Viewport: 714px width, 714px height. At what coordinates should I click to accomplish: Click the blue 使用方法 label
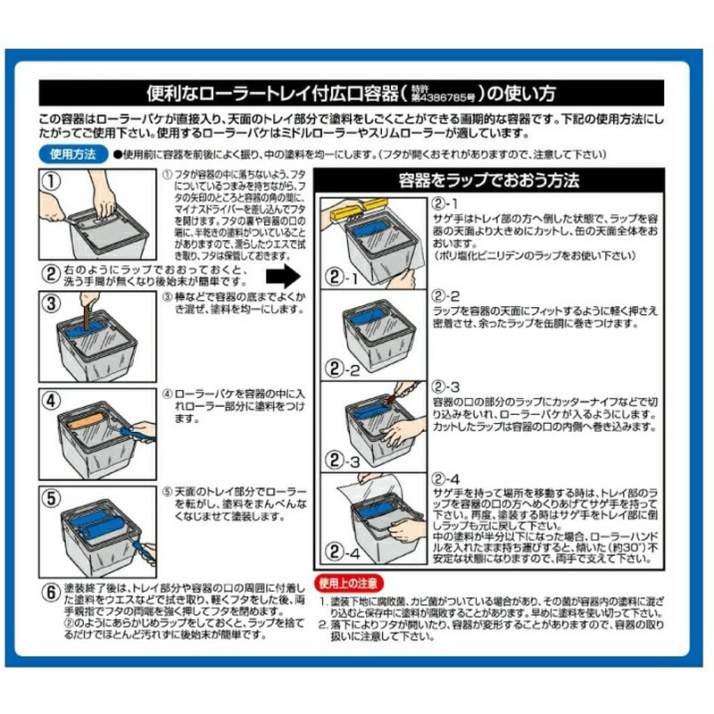click(74, 154)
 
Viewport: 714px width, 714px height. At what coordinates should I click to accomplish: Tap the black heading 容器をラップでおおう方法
click(492, 179)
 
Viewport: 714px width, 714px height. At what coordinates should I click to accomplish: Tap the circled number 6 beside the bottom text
click(51, 591)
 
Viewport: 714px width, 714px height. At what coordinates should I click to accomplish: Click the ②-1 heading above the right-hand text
click(444, 203)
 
